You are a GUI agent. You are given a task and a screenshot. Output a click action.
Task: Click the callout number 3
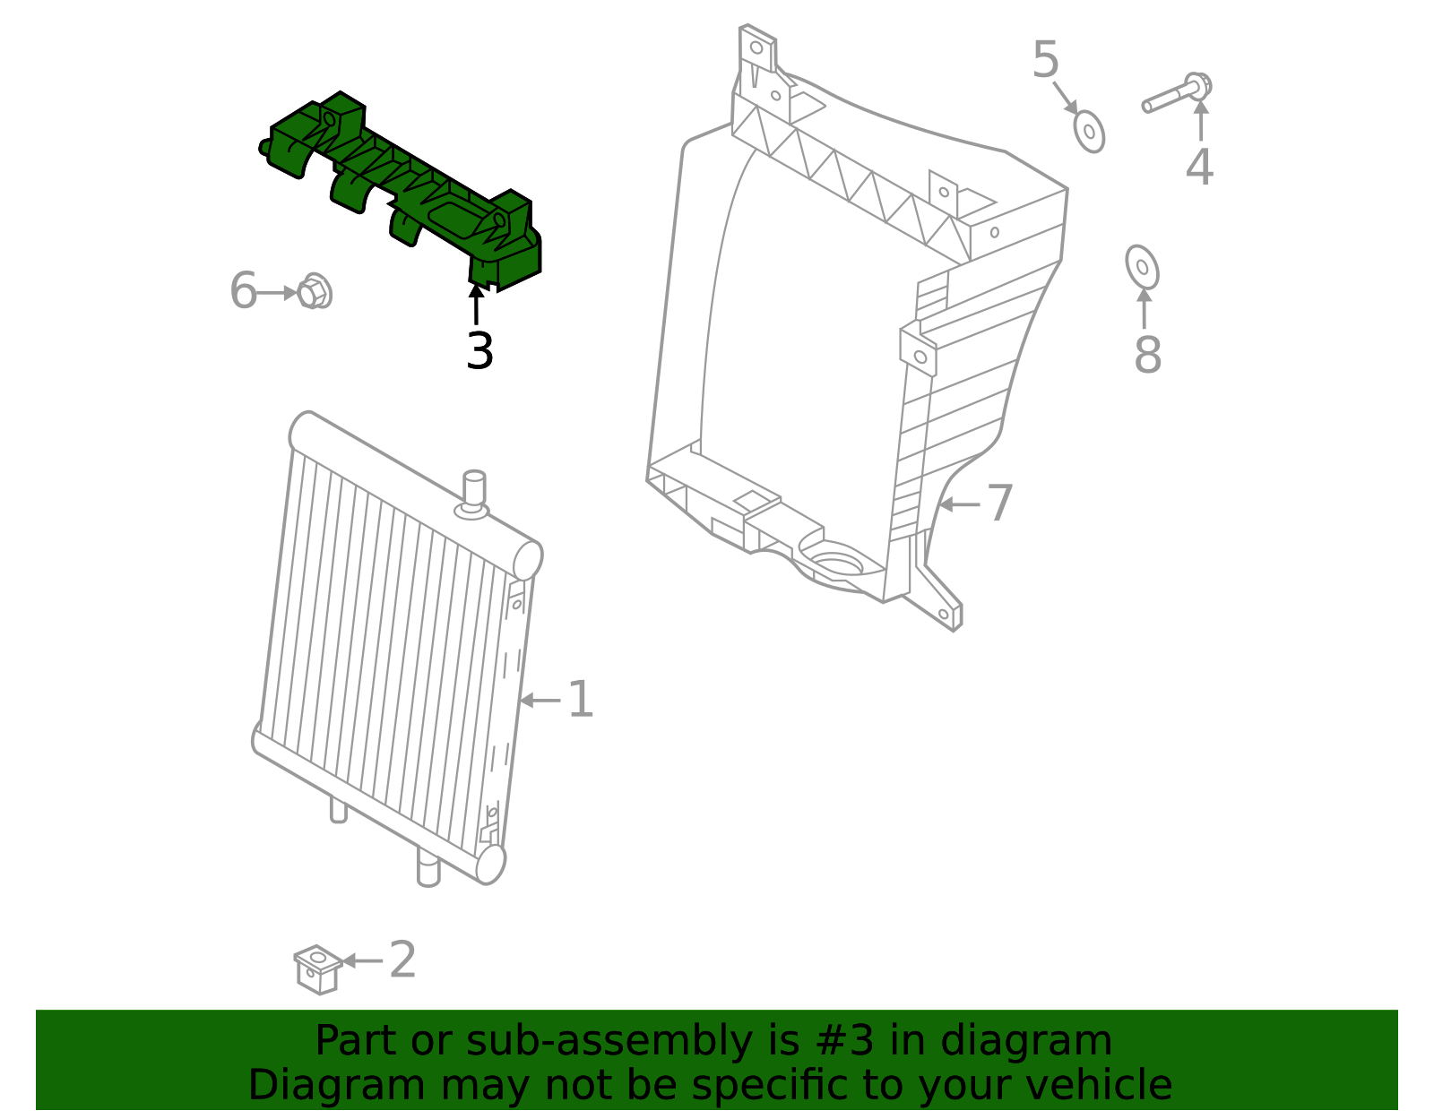(x=479, y=351)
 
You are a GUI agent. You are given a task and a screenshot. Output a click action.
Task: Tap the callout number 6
(x=243, y=291)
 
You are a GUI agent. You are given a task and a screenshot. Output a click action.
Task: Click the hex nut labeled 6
(x=313, y=291)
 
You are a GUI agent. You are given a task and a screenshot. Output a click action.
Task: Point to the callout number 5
(x=1045, y=60)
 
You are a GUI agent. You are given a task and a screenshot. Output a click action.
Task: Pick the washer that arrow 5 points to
(x=1089, y=132)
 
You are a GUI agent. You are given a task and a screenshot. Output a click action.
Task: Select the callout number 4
(x=1199, y=167)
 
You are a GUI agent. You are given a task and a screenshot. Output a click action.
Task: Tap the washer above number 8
(x=1142, y=267)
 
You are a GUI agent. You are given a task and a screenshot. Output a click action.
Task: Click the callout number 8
(x=1147, y=355)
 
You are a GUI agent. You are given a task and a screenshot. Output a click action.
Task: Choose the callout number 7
(x=1000, y=503)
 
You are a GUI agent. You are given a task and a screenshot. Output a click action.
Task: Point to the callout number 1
(x=581, y=700)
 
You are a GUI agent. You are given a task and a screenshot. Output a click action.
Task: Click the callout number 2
(x=402, y=960)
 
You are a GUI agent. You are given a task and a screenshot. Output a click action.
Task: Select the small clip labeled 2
(x=316, y=968)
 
